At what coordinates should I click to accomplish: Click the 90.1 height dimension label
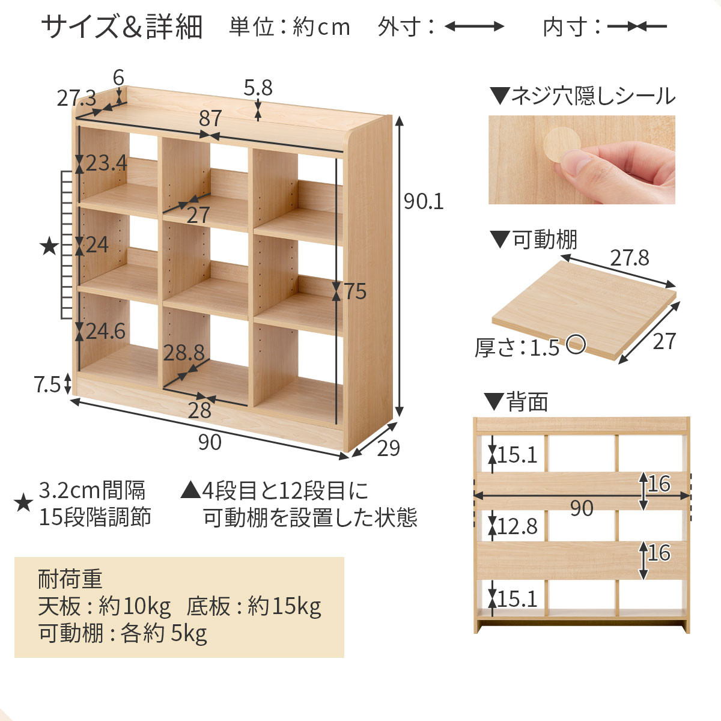click(x=424, y=202)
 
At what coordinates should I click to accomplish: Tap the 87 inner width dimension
click(x=210, y=118)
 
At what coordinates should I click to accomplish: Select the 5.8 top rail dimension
click(x=258, y=88)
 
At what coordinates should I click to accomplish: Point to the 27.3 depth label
click(x=76, y=98)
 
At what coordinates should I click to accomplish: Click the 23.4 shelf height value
click(x=106, y=163)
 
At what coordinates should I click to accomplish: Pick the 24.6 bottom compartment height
click(x=105, y=331)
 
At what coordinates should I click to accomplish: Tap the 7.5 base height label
click(x=48, y=384)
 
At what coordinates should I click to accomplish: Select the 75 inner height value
click(x=354, y=291)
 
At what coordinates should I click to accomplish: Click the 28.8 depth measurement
click(x=184, y=353)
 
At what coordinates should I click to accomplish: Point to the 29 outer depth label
click(x=388, y=448)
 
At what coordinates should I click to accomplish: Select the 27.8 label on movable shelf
click(x=629, y=258)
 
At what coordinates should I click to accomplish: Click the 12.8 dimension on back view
click(x=517, y=526)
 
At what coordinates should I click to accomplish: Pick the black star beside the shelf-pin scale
click(x=49, y=246)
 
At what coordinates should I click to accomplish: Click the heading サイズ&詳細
click(x=121, y=28)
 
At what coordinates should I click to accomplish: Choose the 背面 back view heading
click(x=527, y=402)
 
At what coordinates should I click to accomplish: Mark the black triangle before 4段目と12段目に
click(x=190, y=491)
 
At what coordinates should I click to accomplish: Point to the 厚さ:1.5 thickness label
click(x=517, y=347)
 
